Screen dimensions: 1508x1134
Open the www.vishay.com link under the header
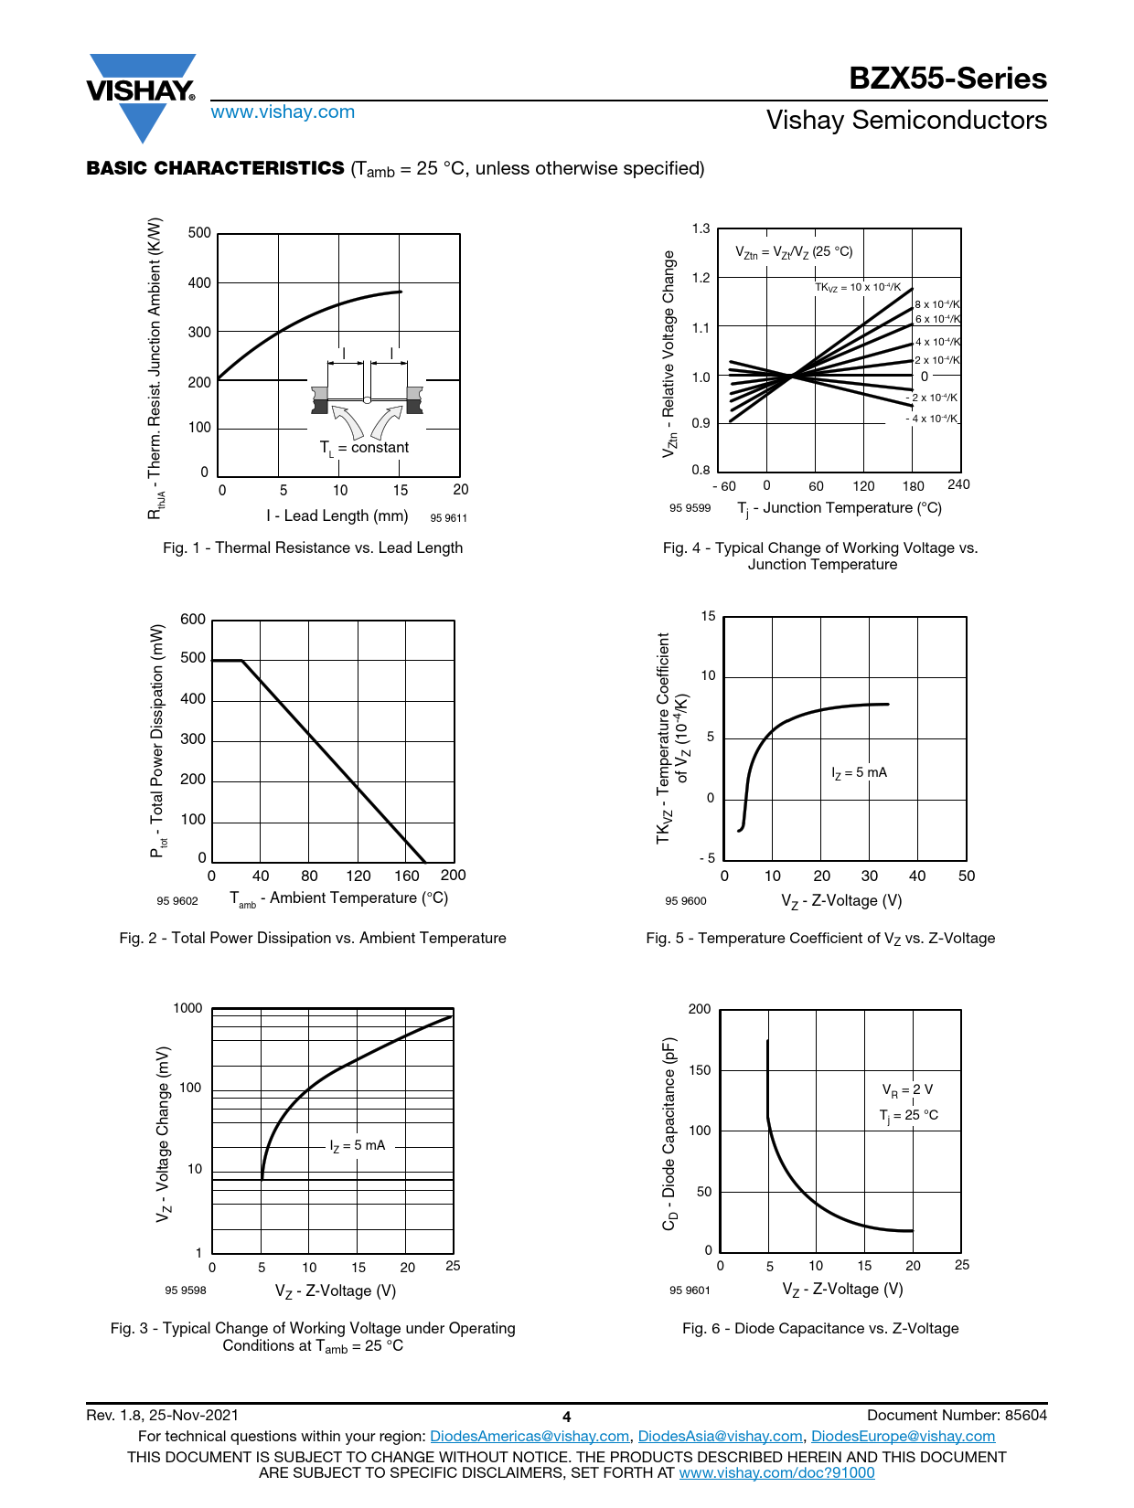click(283, 112)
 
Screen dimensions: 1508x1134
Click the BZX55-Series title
click(947, 79)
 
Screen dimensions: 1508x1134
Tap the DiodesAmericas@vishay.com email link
click(530, 1436)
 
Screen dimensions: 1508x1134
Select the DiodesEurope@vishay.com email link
click(903, 1436)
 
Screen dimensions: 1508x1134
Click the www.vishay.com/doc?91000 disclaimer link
click(776, 1472)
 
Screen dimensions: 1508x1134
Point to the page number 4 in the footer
click(567, 1417)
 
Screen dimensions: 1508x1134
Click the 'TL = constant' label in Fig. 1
click(364, 448)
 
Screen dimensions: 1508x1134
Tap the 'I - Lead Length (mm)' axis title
click(337, 515)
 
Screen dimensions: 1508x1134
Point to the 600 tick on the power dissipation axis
click(193, 620)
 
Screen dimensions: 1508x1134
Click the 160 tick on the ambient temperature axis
click(407, 876)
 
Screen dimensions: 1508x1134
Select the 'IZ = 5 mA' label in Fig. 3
click(358, 1145)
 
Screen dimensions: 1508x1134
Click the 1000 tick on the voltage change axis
click(187, 1008)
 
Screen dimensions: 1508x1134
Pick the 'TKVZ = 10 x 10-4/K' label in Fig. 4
click(858, 287)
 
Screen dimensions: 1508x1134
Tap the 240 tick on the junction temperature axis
click(958, 484)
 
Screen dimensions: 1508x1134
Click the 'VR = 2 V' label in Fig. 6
click(907, 1089)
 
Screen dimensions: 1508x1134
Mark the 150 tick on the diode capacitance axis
click(700, 1070)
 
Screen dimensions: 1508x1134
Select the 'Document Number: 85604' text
click(957, 1415)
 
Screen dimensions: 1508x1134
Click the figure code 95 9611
click(448, 518)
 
